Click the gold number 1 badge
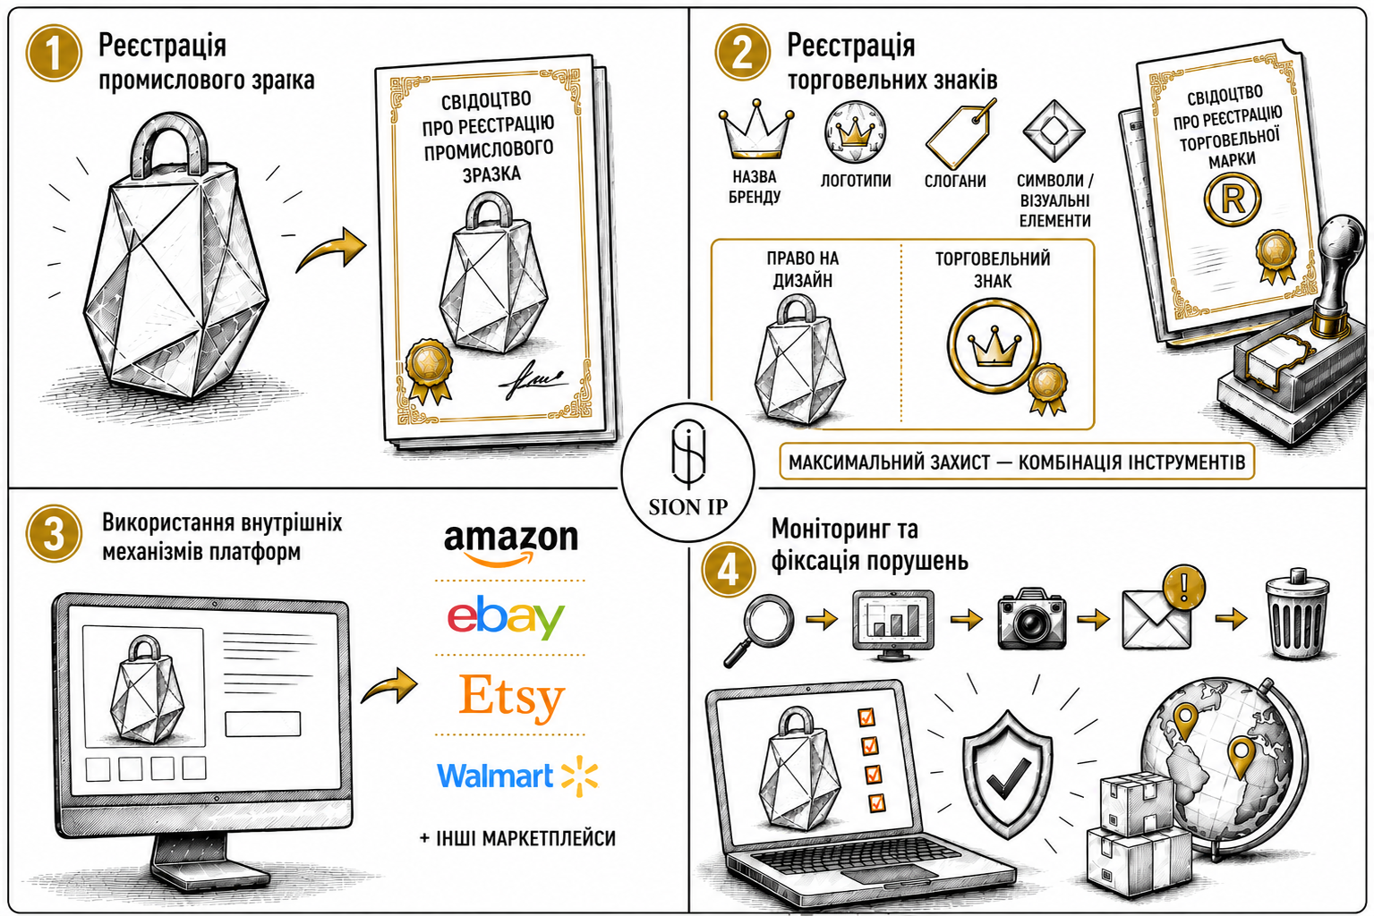pyautogui.click(x=54, y=53)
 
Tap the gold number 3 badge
pyautogui.click(x=54, y=533)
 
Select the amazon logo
pyautogui.click(x=511, y=544)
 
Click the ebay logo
pyautogui.click(x=506, y=617)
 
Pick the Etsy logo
pyautogui.click(x=512, y=698)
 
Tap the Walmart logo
pyautogui.click(x=517, y=776)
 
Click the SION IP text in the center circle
pyautogui.click(x=687, y=507)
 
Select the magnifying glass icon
pyautogui.click(x=759, y=630)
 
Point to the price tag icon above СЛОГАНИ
pyautogui.click(x=960, y=134)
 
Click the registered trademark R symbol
pyautogui.click(x=1233, y=199)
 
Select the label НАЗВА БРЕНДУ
pyautogui.click(x=754, y=187)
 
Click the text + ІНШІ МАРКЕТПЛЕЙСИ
pyautogui.click(x=517, y=838)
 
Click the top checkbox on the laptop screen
pyautogui.click(x=866, y=717)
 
